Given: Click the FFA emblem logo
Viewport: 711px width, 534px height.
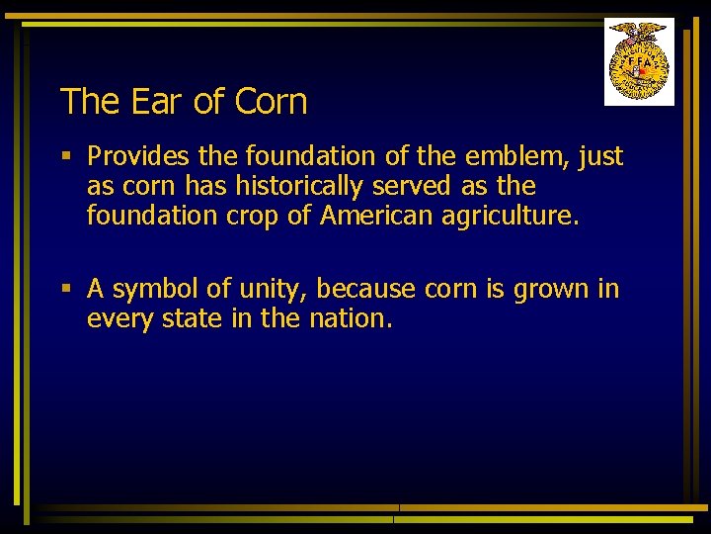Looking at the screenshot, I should click(639, 61).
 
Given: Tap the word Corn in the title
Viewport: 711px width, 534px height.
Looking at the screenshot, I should click(272, 101).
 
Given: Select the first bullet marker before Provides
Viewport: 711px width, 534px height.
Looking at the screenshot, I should click(65, 156).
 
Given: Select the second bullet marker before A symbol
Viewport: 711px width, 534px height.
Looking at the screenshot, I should click(65, 289).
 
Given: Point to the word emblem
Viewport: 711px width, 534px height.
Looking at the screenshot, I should click(510, 156).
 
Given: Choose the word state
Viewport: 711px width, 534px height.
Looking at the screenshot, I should click(188, 318).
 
